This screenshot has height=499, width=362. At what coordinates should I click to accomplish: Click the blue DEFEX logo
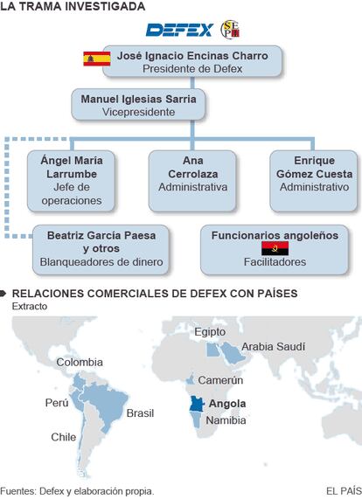tap(179, 31)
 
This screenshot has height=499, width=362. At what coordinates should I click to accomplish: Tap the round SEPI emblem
tap(230, 30)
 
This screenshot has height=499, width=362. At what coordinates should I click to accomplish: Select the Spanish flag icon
tap(97, 59)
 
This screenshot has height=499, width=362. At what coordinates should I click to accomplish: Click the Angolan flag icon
tap(275, 248)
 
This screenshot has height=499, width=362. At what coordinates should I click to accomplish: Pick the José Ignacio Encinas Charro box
tap(192, 61)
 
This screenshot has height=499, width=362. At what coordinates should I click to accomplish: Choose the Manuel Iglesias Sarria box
tap(138, 105)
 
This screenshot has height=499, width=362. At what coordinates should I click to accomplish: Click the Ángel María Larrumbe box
tap(71, 181)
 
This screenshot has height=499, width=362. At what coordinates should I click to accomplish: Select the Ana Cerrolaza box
tap(192, 181)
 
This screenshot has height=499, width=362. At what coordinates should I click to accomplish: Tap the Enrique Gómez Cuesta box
tap(314, 181)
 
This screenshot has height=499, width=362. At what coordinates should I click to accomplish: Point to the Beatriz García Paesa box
tap(101, 250)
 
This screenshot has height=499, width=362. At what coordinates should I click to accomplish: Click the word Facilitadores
tap(275, 262)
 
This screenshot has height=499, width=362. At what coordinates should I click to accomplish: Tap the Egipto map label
tap(210, 332)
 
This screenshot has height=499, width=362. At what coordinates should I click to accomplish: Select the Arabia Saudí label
tap(273, 347)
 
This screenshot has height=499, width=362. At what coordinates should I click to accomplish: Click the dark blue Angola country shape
tap(196, 404)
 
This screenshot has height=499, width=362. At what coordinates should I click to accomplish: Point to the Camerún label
tap(220, 380)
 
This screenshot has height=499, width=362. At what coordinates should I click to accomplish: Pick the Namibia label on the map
tap(226, 420)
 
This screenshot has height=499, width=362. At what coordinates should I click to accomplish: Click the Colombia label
tap(80, 362)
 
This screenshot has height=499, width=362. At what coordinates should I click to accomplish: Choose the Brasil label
tap(140, 413)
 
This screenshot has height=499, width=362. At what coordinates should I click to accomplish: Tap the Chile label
tap(63, 437)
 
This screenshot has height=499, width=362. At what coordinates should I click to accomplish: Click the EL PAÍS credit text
tap(344, 491)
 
